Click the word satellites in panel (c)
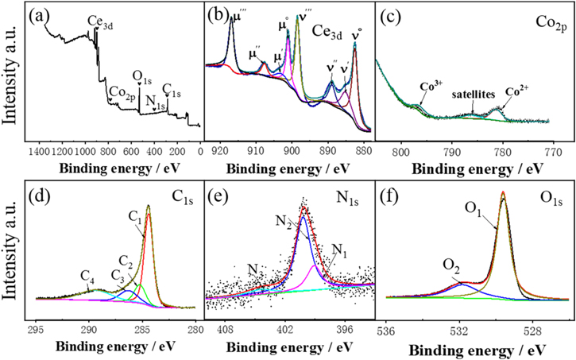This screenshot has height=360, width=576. tap(473, 94)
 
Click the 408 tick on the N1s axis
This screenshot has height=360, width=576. tap(226, 327)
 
